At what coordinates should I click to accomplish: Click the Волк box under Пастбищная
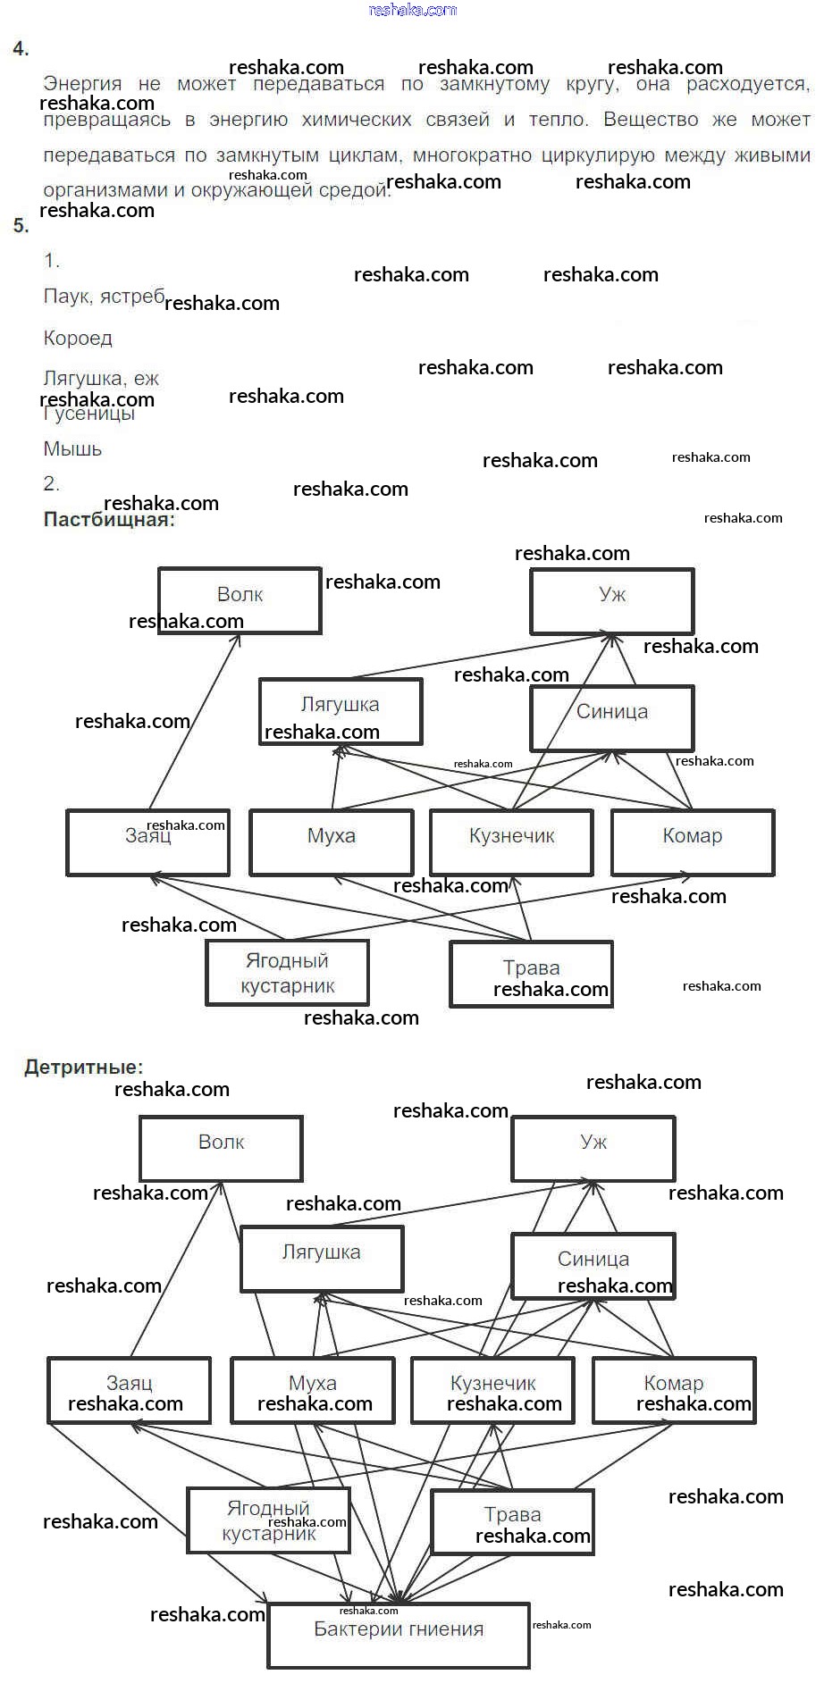(x=240, y=600)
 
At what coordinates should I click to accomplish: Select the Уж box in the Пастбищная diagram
(x=611, y=600)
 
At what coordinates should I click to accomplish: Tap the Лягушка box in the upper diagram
(x=340, y=711)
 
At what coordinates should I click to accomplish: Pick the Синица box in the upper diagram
(x=611, y=717)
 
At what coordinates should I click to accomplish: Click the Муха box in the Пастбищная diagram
(x=331, y=841)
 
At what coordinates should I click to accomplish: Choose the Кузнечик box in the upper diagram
(x=511, y=841)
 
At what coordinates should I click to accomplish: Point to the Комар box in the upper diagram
(x=693, y=841)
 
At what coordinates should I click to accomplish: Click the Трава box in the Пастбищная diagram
(x=531, y=974)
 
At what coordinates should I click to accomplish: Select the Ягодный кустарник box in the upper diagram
(x=287, y=973)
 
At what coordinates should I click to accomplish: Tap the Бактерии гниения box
(x=399, y=1635)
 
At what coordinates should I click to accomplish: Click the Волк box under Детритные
(x=221, y=1148)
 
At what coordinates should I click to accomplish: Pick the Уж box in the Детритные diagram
(x=593, y=1148)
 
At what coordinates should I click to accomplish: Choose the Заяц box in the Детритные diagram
(x=129, y=1390)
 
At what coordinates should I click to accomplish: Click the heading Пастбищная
(x=109, y=520)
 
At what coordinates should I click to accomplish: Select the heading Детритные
(x=83, y=1067)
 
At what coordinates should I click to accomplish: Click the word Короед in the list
(x=78, y=339)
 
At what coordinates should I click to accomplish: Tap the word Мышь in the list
(x=72, y=449)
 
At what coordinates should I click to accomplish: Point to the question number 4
(x=21, y=50)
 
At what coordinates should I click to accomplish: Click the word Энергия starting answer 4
(x=82, y=84)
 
